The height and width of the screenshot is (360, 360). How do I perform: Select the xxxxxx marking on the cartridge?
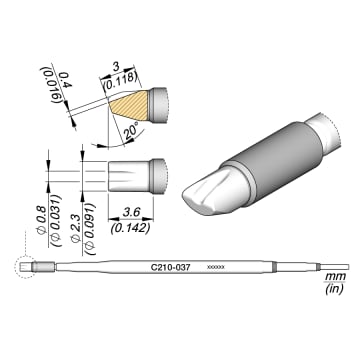click(x=214, y=267)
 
